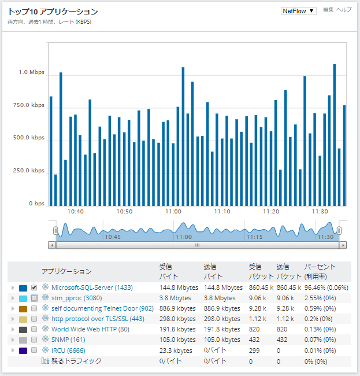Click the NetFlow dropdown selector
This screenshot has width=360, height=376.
click(298, 10)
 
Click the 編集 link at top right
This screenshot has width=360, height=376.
click(328, 10)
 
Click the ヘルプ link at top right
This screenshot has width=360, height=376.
click(344, 10)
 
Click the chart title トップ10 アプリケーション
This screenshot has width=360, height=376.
click(53, 12)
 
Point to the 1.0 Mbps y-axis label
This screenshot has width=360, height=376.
click(31, 72)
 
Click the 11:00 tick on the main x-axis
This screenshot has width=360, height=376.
click(173, 212)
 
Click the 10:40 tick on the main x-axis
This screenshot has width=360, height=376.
click(76, 212)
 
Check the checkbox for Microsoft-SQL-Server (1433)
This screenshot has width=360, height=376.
click(34, 287)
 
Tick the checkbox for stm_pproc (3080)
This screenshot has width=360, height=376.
click(34, 298)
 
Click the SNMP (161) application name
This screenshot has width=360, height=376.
click(68, 340)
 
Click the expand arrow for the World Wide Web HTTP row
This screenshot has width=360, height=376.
click(13, 329)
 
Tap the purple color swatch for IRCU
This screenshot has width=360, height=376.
click(23, 351)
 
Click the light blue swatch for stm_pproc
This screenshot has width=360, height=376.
click(23, 298)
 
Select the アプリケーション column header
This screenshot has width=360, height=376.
click(66, 271)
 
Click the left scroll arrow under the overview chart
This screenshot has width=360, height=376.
click(53, 245)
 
